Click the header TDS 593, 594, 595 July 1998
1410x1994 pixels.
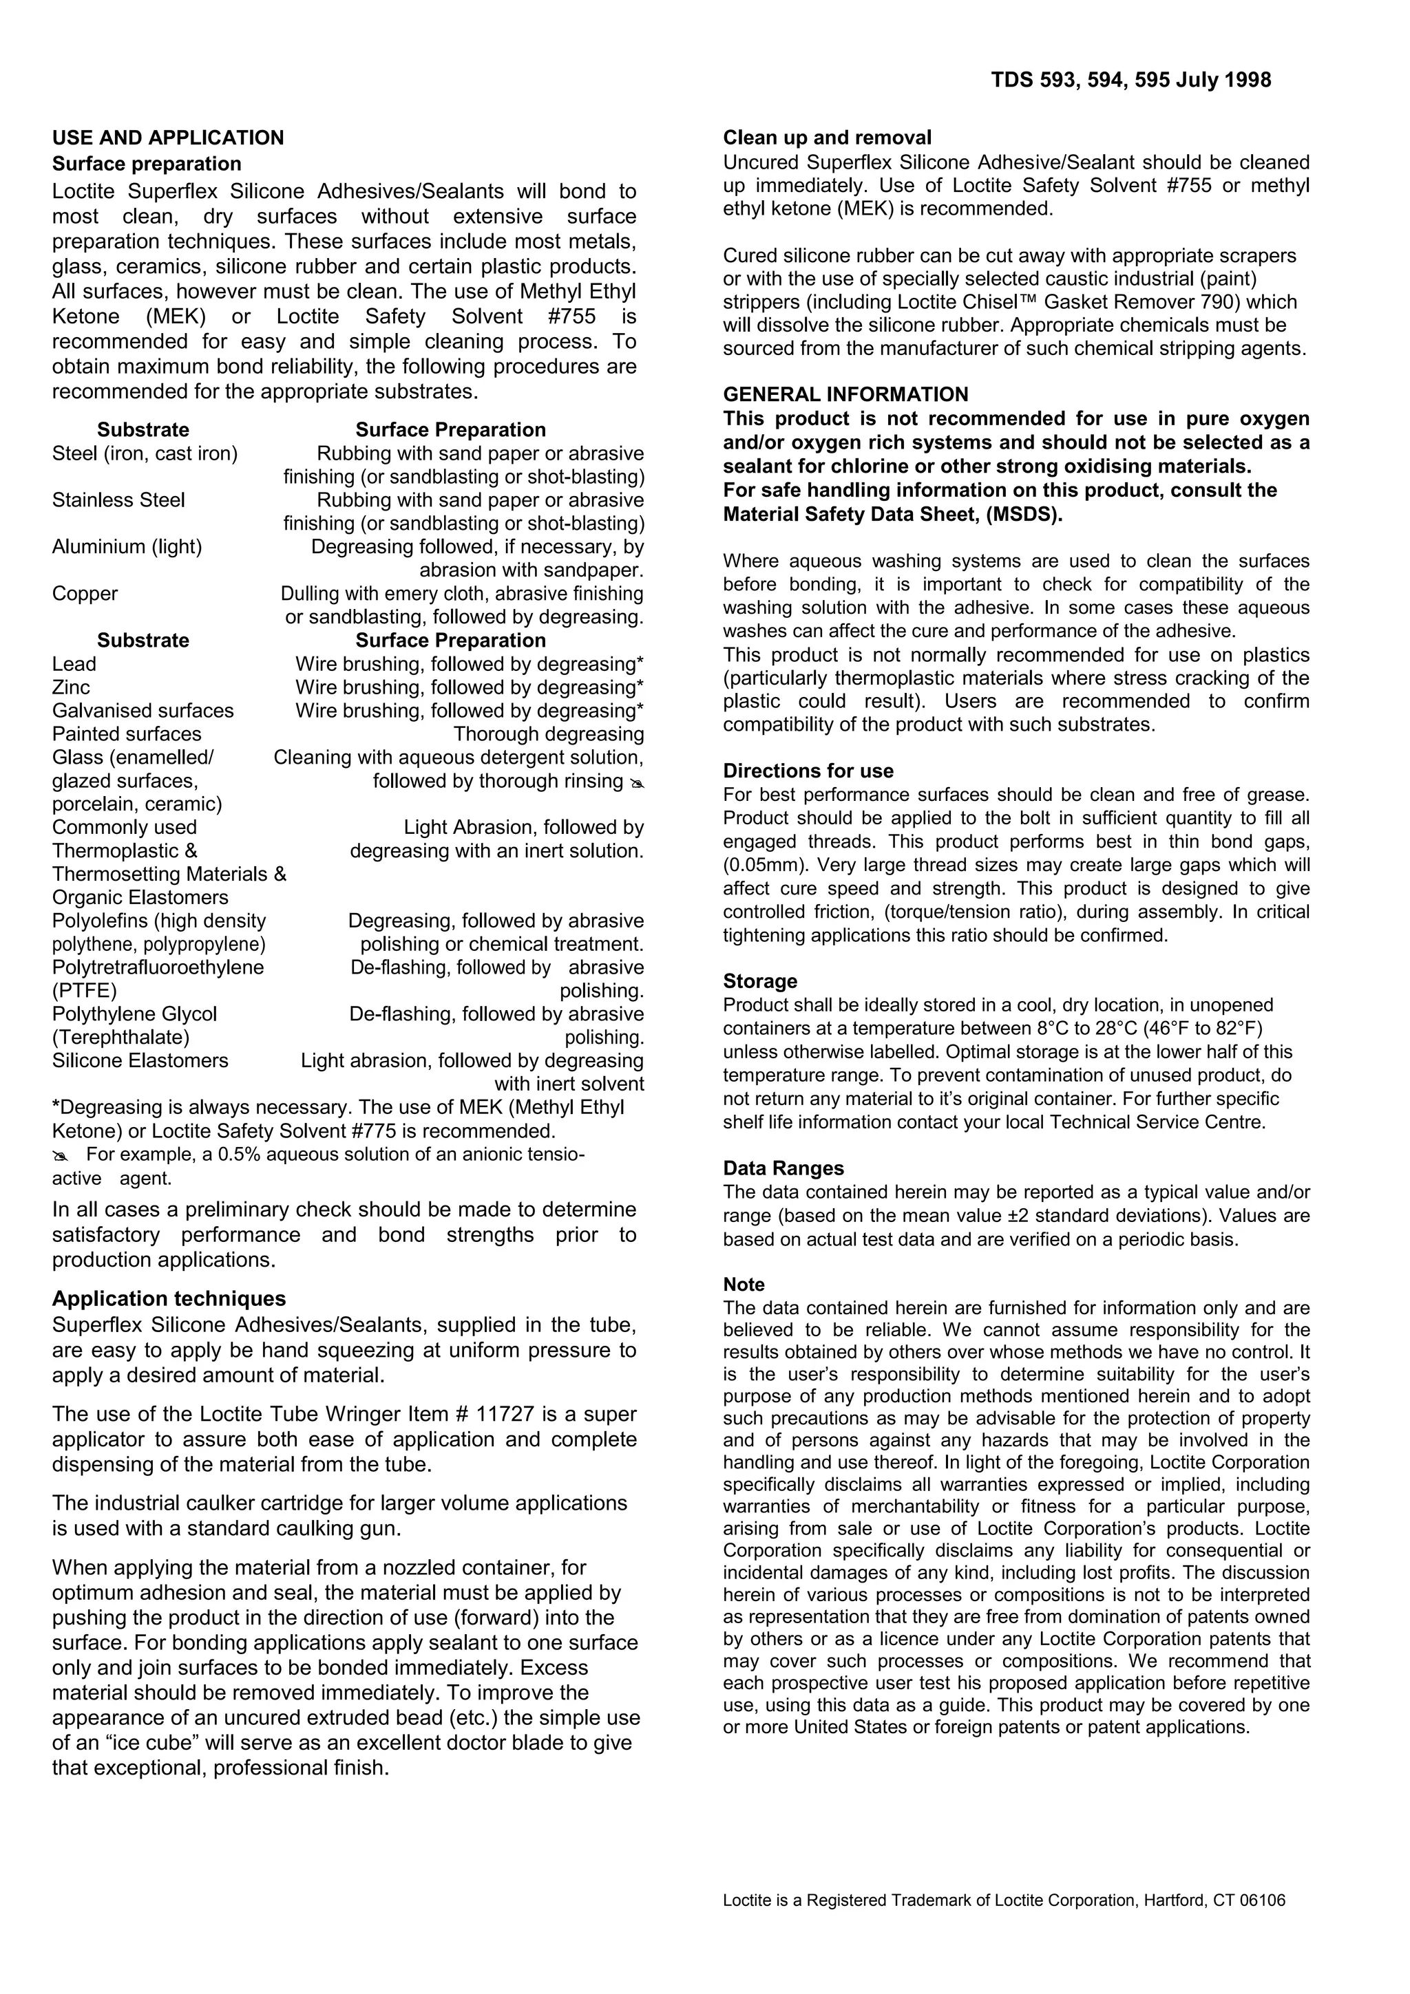point(1130,80)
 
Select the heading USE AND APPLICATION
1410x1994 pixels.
point(168,138)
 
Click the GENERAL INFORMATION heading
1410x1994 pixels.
point(845,395)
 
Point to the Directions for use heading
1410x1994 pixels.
point(808,771)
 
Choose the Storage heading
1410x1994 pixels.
point(760,981)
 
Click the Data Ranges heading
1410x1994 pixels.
point(783,1168)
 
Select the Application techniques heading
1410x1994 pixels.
point(169,1298)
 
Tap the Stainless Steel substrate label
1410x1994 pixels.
point(118,500)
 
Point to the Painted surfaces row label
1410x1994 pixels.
point(127,734)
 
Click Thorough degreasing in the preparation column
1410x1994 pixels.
point(548,734)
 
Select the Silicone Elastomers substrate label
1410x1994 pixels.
point(140,1060)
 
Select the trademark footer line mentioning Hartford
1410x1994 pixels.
point(1003,1901)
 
